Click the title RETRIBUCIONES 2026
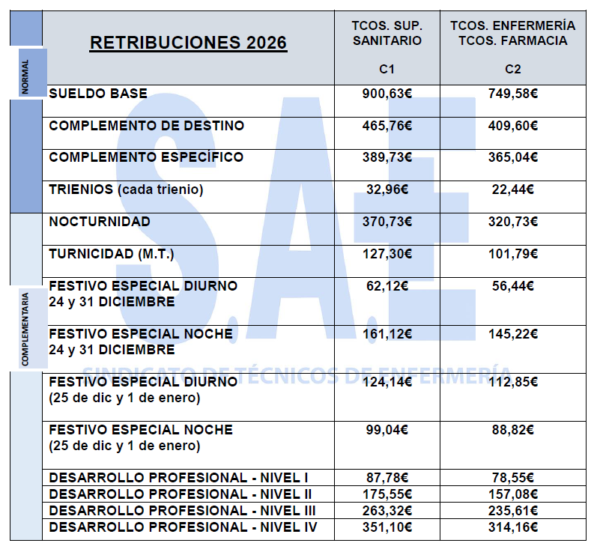point(188,43)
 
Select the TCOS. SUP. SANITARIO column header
point(387,33)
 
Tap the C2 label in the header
point(513,70)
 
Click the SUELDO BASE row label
point(98,94)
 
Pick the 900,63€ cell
point(387,94)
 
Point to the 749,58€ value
point(513,94)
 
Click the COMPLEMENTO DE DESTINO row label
point(146,126)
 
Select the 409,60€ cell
point(513,126)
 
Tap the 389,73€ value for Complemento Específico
point(387,157)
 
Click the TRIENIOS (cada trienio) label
point(126,189)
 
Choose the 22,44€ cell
point(513,189)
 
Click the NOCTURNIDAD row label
point(100,222)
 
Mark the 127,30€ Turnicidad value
point(387,254)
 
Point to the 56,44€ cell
point(513,285)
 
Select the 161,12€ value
point(387,333)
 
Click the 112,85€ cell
point(513,381)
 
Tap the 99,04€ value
point(387,429)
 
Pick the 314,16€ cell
point(513,527)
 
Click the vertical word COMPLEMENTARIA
point(25,330)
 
